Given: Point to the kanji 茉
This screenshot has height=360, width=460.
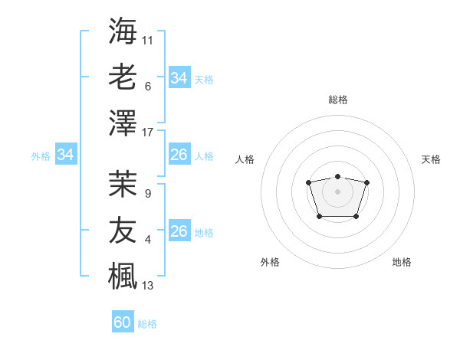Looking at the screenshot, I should [x=123, y=184].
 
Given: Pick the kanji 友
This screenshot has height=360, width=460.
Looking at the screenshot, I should [x=123, y=231].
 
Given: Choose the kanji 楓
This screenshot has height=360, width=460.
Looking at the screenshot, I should [x=123, y=277].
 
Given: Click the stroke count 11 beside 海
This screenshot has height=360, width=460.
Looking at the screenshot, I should [x=148, y=40].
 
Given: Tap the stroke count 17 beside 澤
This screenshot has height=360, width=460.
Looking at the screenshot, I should [x=148, y=133].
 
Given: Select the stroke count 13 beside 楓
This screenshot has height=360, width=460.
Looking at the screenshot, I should [x=148, y=286].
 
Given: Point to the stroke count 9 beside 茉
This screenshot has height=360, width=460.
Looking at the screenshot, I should [x=147, y=194].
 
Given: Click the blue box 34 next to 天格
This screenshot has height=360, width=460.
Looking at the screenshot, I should [x=179, y=77].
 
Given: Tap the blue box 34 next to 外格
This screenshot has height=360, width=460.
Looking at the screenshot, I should [x=65, y=155].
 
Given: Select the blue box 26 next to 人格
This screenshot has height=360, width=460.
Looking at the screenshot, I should [x=179, y=155].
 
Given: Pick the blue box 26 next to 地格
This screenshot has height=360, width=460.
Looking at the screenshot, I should [x=179, y=231].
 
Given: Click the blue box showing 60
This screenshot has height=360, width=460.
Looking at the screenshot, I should [x=122, y=322].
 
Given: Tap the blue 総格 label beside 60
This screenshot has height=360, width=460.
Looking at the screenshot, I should [x=147, y=324].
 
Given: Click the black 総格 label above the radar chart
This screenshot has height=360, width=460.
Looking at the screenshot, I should [x=337, y=100].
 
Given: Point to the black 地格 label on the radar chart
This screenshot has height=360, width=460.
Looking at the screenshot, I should [x=402, y=262].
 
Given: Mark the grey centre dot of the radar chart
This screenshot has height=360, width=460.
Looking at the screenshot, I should [x=337, y=191].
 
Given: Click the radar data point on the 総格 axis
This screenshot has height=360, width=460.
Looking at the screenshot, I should [x=337, y=177].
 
